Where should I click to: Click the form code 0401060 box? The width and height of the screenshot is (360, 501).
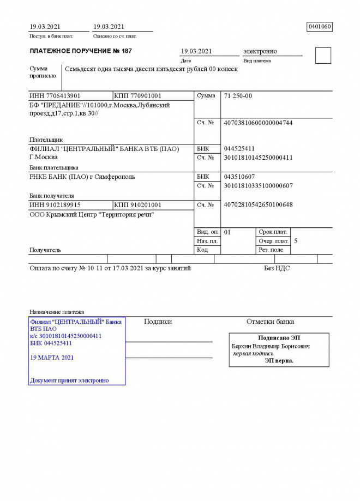coord(320,27)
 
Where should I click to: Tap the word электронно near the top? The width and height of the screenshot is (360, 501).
coord(260,51)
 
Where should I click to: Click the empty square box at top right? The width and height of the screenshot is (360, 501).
coord(323,56)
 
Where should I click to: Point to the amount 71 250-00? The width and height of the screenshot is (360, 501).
coord(238,96)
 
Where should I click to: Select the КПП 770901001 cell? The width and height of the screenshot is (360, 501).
coord(137,96)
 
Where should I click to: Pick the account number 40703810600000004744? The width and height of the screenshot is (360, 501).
coord(258,123)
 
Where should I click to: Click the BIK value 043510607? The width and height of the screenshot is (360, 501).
coord(239,177)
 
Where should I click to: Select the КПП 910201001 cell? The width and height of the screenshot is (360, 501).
coord(137,205)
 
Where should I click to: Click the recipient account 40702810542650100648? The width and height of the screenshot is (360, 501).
coord(258,205)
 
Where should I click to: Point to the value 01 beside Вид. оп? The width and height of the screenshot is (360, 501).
coord(227,232)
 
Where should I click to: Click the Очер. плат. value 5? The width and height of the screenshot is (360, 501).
coord(296,240)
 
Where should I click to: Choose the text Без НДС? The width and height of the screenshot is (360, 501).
coord(277,268)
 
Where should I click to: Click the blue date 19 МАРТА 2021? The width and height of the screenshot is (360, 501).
coord(52,358)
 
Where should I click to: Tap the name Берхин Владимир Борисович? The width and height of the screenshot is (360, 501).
coord(271,346)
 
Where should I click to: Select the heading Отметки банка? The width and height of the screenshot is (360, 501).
coord(270,322)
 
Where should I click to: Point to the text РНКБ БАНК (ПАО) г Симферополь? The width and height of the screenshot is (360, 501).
coord(82,177)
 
